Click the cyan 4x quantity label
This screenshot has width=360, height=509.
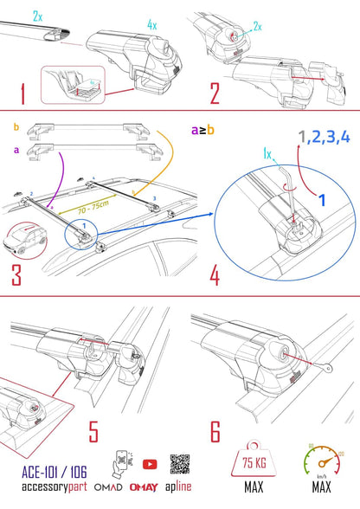tap(152, 25)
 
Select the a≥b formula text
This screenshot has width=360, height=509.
tap(202, 130)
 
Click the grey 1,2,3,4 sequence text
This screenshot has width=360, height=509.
tap(323, 136)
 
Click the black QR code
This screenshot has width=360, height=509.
tap(180, 462)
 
